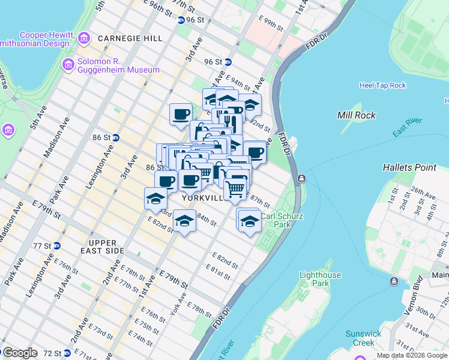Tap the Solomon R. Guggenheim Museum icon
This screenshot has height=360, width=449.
coord(67,64)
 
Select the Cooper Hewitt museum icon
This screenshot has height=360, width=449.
coord(84,39)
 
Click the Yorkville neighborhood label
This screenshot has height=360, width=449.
coord(203,197)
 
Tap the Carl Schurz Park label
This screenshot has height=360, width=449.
coord(277,220)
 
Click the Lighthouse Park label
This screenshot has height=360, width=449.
coord(320,279)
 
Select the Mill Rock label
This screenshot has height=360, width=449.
coord(356,115)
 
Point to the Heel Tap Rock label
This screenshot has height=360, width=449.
coord(382,85)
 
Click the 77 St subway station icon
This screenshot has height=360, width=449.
coord(56,246)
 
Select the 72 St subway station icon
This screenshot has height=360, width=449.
coord(67,353)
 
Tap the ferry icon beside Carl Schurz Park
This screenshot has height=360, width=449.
coord(301,178)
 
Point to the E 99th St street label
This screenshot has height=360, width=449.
coord(271,25)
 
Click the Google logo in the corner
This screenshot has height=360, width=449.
coord(20,353)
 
